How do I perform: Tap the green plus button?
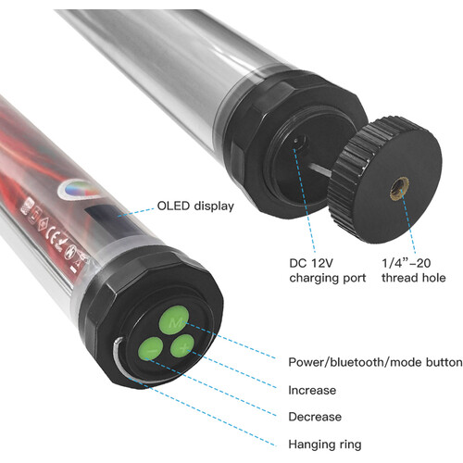pyautogui.click(x=182, y=346)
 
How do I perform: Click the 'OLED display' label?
pyautogui.click(x=195, y=206)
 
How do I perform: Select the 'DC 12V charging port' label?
pyautogui.click(x=328, y=270)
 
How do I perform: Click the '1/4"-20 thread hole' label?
pyautogui.click(x=414, y=270)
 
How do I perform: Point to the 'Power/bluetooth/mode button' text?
pyautogui.click(x=375, y=362)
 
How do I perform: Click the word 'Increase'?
pyautogui.click(x=312, y=390)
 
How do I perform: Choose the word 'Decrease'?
pyautogui.click(x=315, y=417)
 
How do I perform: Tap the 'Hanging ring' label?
pyautogui.click(x=325, y=444)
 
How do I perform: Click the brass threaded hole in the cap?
pyautogui.click(x=399, y=188)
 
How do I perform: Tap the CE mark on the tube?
pyautogui.click(x=52, y=234)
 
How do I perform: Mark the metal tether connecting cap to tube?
pyautogui.click(x=320, y=169)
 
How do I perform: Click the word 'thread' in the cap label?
pyautogui.click(x=398, y=278)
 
